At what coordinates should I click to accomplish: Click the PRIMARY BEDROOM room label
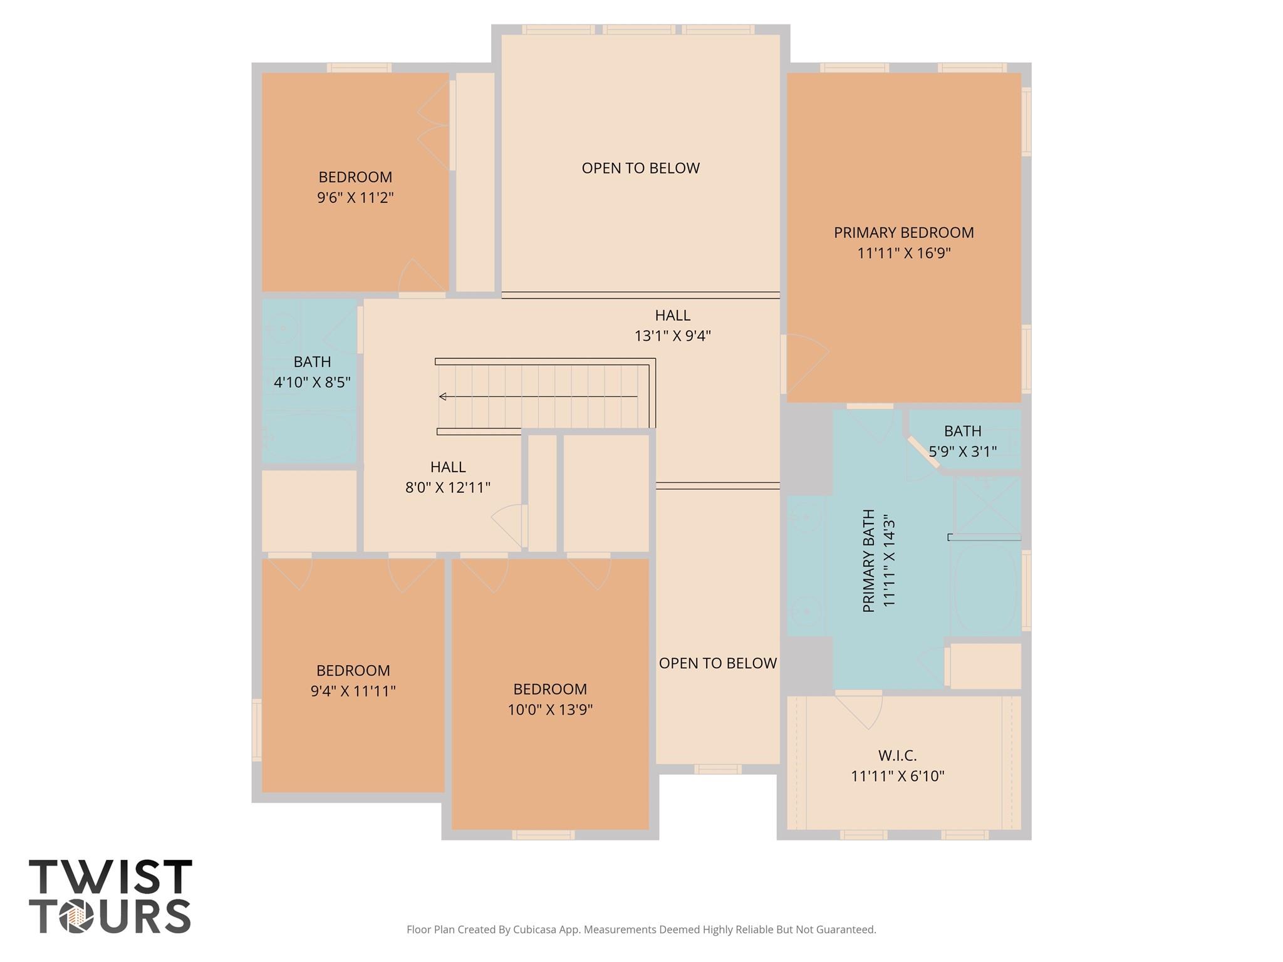pos(903,232)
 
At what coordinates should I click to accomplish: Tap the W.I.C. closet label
pos(898,755)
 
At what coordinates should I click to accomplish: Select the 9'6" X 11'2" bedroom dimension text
pos(355,198)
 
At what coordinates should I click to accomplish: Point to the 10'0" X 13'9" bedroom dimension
pos(550,710)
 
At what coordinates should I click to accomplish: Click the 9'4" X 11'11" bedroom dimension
pos(353,691)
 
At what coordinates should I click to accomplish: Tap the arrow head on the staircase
pos(443,396)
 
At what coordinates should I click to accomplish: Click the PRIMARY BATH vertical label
pos(868,561)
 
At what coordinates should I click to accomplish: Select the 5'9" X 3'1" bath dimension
pos(962,451)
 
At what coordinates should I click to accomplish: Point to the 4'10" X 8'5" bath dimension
pos(312,382)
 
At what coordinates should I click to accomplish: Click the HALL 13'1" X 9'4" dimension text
pos(672,336)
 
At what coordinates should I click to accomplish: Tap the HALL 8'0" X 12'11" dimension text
pos(448,487)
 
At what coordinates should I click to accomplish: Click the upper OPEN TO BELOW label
pos(640,168)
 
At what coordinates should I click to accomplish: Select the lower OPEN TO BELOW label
pos(718,663)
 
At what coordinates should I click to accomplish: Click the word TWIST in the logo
pos(110,877)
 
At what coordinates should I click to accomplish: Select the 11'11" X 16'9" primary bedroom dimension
pos(904,253)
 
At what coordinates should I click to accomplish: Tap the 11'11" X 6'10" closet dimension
pos(898,776)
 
